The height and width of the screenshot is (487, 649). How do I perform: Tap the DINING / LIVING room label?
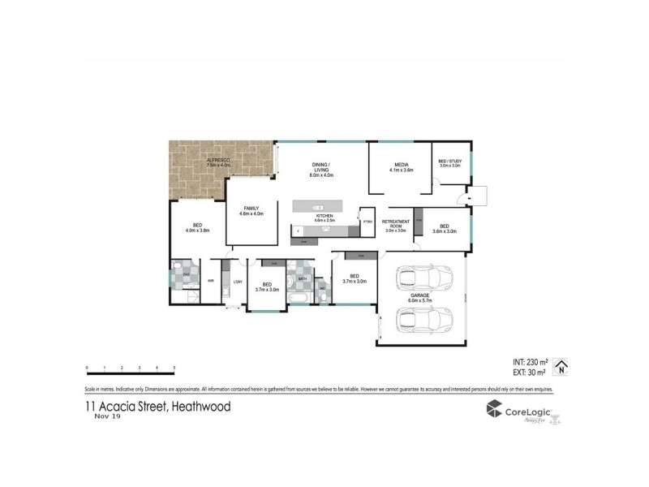click(x=323, y=168)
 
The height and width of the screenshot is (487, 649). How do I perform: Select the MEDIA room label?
click(x=402, y=165)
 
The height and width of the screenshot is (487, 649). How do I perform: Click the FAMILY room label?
click(x=251, y=209)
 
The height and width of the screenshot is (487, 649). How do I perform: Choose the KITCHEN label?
click(x=324, y=217)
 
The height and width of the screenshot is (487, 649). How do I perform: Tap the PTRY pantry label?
click(x=367, y=221)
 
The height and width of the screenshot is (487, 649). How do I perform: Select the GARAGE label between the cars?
click(x=420, y=297)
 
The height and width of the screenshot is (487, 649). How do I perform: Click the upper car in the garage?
click(x=419, y=279)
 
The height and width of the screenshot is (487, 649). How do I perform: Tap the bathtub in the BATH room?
click(x=299, y=300)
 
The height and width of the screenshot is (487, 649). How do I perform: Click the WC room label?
click(x=322, y=288)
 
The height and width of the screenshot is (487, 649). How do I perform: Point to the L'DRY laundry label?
click(x=238, y=282)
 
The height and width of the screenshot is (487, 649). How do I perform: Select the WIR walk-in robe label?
click(x=210, y=282)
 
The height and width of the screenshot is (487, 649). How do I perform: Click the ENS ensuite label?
click(x=186, y=275)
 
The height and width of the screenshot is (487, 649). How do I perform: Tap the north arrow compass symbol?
click(x=559, y=368)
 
